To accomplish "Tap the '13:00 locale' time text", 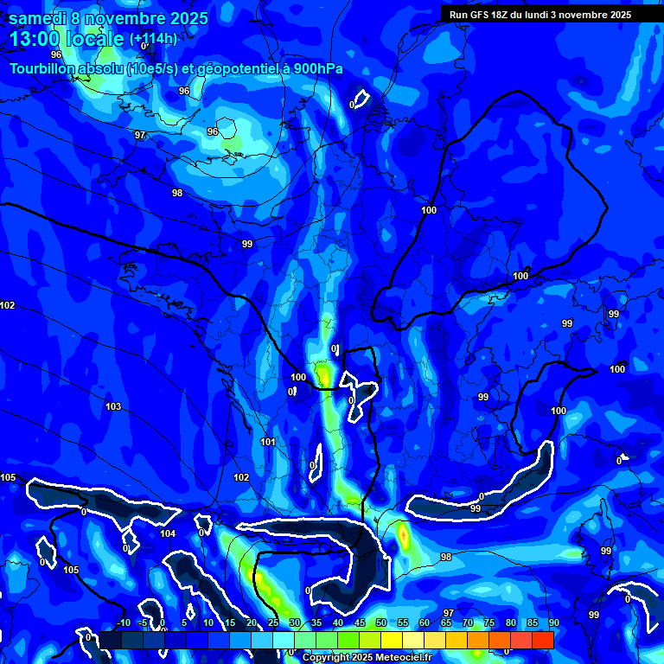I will (x=67, y=40).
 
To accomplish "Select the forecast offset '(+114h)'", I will (x=153, y=40).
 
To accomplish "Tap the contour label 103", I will (x=113, y=406).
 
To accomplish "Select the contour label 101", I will (x=267, y=442).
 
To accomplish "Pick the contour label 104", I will (x=168, y=533).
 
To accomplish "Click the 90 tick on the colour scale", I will (x=553, y=622).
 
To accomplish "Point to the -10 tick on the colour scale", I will (x=123, y=622).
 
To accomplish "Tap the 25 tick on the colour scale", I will (x=273, y=622).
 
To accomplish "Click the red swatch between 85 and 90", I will (x=542, y=640).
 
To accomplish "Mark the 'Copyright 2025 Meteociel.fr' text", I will (x=367, y=657).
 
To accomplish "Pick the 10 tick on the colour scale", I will (x=207, y=622).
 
